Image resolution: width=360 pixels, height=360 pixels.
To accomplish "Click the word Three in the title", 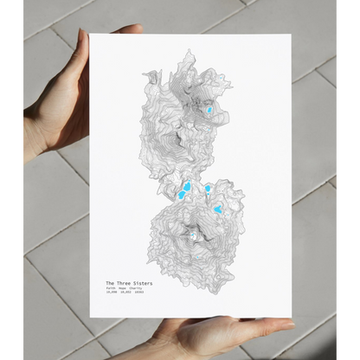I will pyautogui.click(x=121, y=283).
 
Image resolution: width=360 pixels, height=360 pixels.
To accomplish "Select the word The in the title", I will pyautogui.click(x=110, y=283).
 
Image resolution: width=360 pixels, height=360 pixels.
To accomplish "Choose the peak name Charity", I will pyautogui.click(x=137, y=289).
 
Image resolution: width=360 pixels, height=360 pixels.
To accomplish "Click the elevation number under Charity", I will pyautogui.click(x=138, y=294).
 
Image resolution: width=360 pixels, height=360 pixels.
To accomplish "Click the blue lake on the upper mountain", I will pyautogui.click(x=209, y=109).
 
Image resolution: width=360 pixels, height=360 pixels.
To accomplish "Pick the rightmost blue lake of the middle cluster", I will pyautogui.click(x=218, y=208).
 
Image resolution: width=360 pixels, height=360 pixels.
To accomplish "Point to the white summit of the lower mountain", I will pyautogui.click(x=194, y=234).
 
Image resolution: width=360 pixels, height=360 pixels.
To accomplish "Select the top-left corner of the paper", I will pyautogui.click(x=92, y=35).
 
